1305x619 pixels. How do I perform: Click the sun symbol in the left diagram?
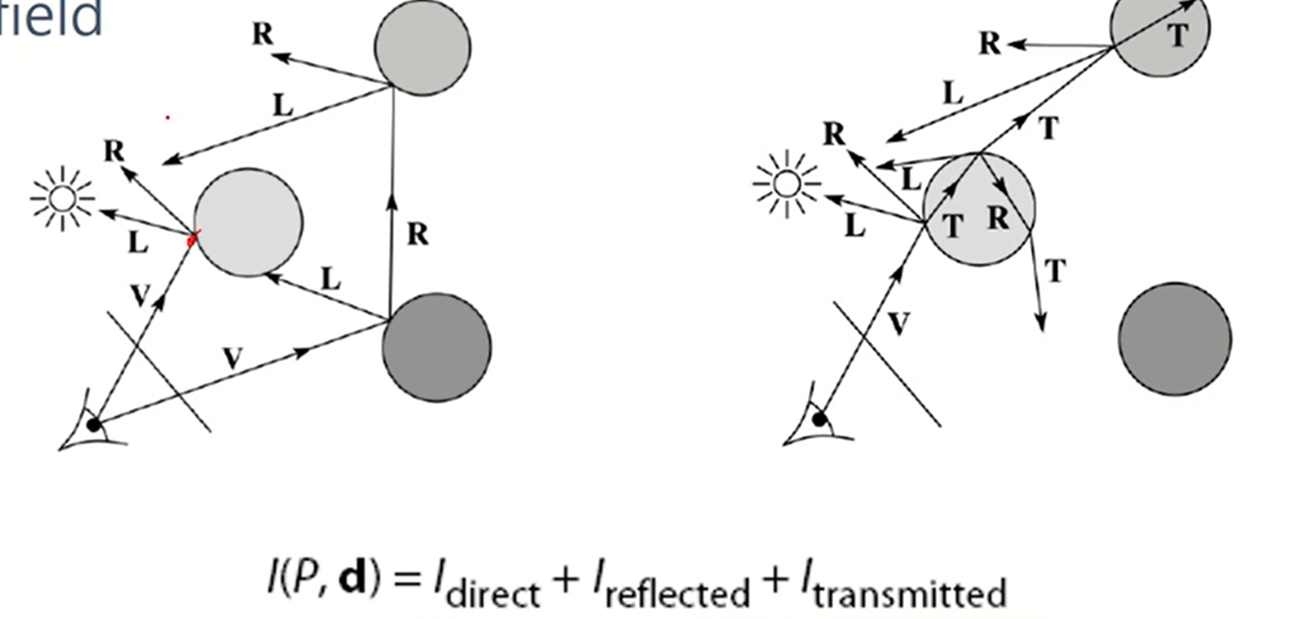pos(63,199)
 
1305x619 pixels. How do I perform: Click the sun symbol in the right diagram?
pos(786,184)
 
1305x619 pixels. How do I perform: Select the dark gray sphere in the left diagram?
pos(437,347)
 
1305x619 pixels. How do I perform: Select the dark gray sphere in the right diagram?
pos(1175,339)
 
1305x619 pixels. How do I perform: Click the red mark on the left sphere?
pos(191,239)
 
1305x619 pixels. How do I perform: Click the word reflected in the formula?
pos(677,593)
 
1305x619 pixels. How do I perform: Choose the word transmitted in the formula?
pos(909,593)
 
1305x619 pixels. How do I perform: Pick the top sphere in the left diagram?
pos(423,47)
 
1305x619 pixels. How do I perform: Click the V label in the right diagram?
pos(898,323)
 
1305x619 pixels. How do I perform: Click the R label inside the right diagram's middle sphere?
pos(998,218)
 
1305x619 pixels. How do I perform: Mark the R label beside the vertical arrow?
pos(418,234)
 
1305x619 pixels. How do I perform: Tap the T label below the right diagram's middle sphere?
pos(1055,271)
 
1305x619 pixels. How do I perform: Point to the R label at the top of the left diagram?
pos(263,34)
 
